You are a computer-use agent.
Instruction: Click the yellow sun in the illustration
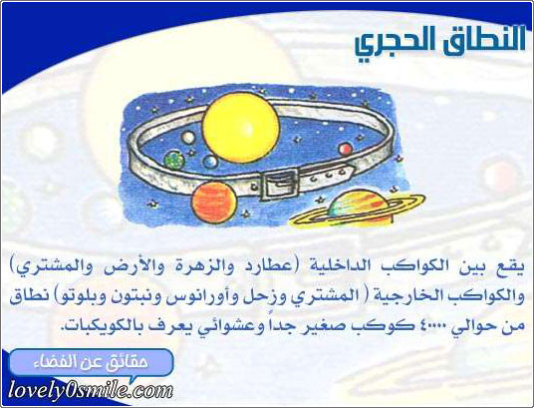point(241,128)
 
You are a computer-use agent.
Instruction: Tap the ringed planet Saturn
point(358,209)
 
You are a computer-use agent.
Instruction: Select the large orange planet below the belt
point(214,203)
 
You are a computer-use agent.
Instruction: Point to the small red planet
point(345,149)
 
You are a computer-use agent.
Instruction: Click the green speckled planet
point(174,161)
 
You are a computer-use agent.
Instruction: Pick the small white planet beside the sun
point(188,138)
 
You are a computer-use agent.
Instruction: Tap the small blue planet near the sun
point(210,162)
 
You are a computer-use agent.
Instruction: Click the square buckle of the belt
point(279,185)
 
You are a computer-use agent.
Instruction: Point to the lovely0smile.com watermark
point(91,391)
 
